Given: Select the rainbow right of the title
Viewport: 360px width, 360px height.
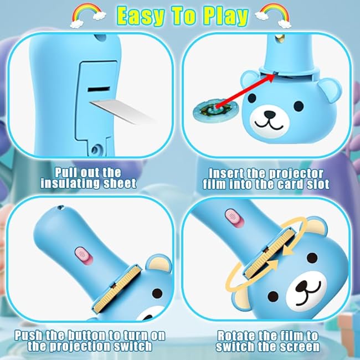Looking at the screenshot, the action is click(273, 16).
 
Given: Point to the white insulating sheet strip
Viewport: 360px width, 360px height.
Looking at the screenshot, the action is click(122, 111).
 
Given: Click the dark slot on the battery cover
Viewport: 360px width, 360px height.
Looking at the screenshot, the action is click(99, 89).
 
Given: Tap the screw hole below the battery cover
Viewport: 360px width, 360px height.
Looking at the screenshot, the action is click(96, 149).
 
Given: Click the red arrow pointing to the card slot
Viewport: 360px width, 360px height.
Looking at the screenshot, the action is click(244, 91).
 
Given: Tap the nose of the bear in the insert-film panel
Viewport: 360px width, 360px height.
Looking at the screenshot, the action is click(270, 114).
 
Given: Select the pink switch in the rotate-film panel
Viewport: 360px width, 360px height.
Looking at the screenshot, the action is click(234, 217).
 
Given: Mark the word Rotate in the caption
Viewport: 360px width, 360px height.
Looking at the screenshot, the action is click(236, 336).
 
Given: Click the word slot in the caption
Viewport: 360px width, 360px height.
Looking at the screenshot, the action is click(318, 184).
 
